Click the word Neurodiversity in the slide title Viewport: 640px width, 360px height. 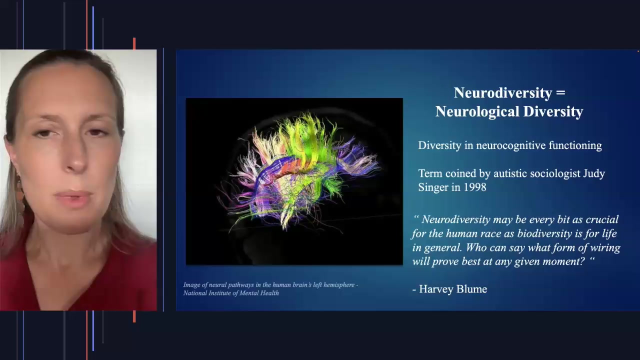click(x=502, y=93)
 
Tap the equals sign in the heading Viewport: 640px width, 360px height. click(x=560, y=93)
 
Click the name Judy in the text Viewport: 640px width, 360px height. click(x=594, y=173)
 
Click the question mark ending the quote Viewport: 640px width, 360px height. click(x=581, y=261)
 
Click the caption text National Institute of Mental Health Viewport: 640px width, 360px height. click(x=231, y=293)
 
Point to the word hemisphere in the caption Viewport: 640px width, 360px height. click(x=340, y=285)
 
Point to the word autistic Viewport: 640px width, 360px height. click(x=512, y=173)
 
